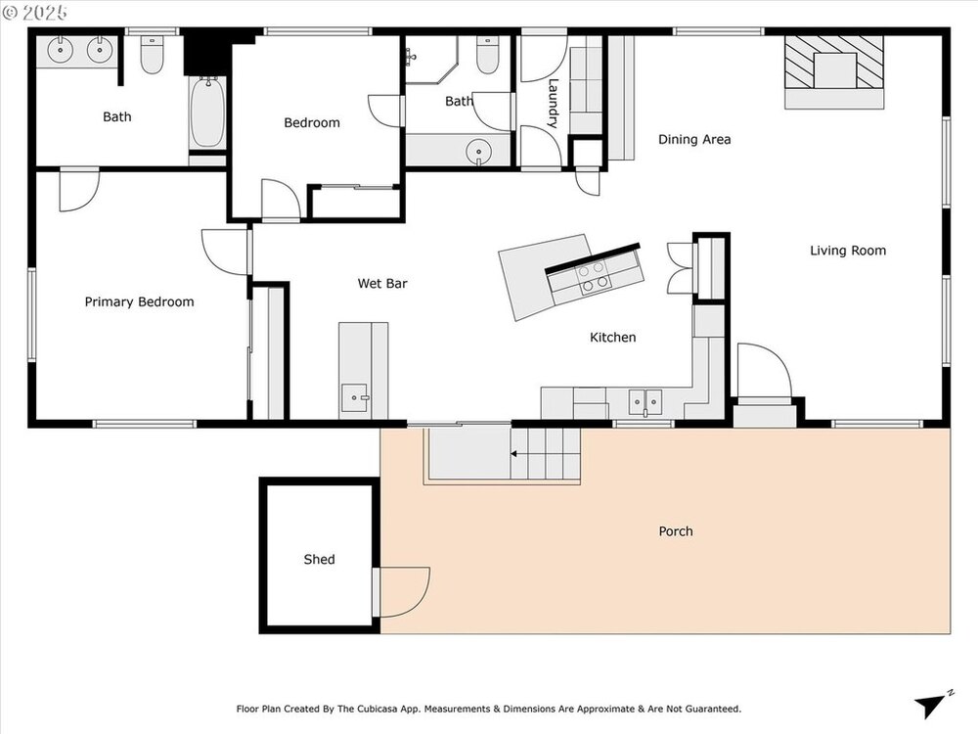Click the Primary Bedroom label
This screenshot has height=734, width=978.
[139, 302]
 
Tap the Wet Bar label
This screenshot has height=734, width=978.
[382, 284]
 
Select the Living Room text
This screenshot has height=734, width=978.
[848, 251]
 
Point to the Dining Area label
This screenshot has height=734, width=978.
[694, 139]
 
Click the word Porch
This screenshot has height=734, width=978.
[676, 531]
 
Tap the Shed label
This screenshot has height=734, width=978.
[320, 559]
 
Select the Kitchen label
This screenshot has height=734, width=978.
[613, 337]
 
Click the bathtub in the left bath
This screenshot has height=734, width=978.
[207, 113]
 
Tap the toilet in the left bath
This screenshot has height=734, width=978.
[152, 55]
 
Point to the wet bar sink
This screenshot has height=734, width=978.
[356, 398]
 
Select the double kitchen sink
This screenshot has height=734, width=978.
[645, 401]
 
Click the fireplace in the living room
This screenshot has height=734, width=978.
[834, 71]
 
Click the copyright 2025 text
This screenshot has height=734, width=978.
[35, 13]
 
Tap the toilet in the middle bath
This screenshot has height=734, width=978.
[487, 55]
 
